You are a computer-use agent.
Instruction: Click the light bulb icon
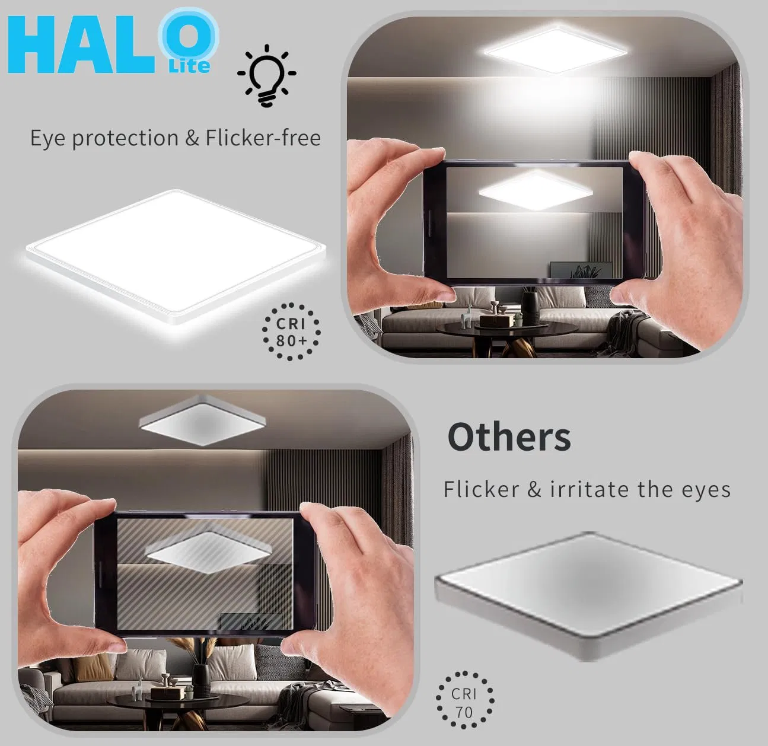(267, 75)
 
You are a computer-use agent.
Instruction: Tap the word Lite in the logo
(189, 65)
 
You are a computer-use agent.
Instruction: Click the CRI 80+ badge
(291, 331)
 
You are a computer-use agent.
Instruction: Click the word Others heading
(509, 438)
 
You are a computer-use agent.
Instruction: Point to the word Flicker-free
(263, 138)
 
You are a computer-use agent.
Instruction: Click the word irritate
(589, 490)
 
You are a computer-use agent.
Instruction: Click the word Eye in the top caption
(47, 139)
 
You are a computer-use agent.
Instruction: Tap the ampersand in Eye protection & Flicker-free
(192, 139)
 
